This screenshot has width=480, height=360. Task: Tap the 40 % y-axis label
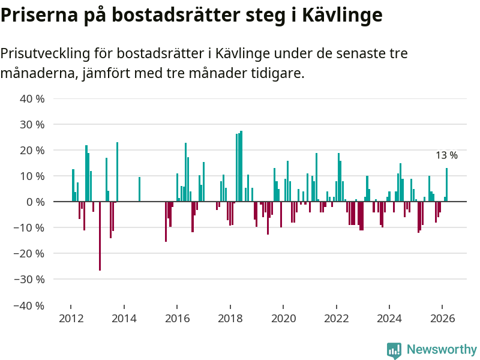(32, 99)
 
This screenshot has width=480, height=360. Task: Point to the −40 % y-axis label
(31, 305)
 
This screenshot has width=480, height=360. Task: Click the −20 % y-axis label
(31, 254)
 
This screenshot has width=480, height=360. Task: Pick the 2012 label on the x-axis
(71, 319)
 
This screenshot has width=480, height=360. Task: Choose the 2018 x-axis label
(230, 319)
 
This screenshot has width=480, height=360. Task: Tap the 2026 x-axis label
(442, 319)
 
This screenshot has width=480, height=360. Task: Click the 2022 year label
(336, 319)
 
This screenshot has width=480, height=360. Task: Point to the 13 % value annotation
(446, 155)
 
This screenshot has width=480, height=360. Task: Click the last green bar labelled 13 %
(446, 185)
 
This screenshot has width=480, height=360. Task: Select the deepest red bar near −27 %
(100, 236)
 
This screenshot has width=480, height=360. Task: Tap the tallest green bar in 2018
(241, 166)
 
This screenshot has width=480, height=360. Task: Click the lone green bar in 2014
(139, 190)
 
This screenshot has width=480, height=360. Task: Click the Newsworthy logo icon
(394, 350)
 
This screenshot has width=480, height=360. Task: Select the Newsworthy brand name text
(442, 349)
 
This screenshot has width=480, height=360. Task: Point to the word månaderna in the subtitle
(35, 74)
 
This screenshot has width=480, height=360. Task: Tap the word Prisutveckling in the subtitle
(45, 53)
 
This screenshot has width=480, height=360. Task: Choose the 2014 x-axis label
(124, 319)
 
